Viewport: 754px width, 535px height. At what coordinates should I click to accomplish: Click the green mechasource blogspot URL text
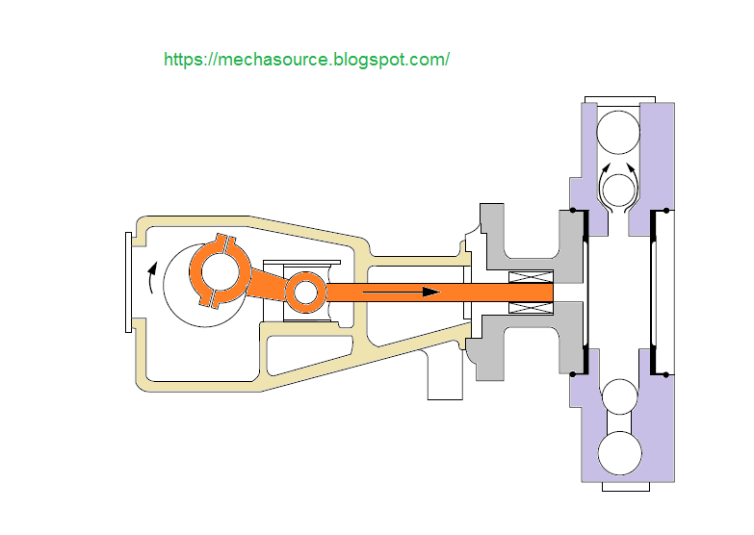(x=307, y=60)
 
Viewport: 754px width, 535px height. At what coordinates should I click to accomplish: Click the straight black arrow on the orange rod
(x=401, y=292)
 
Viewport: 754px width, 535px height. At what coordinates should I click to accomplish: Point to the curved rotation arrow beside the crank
(x=151, y=277)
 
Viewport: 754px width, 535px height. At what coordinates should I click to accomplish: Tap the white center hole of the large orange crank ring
(x=221, y=271)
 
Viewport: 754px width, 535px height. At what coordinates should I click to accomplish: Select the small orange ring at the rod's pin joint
(x=306, y=293)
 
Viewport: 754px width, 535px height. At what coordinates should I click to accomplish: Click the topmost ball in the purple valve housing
(x=618, y=132)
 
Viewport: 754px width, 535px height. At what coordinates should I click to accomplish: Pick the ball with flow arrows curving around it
(x=618, y=191)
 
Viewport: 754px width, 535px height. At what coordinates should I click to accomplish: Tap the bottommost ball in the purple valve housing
(x=620, y=453)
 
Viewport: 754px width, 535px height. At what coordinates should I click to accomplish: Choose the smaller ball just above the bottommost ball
(x=620, y=396)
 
